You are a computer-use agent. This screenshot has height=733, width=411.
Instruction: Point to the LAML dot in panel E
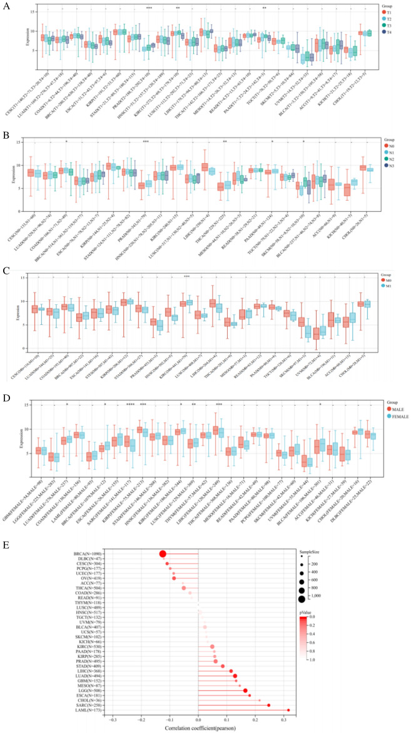click(288, 710)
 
